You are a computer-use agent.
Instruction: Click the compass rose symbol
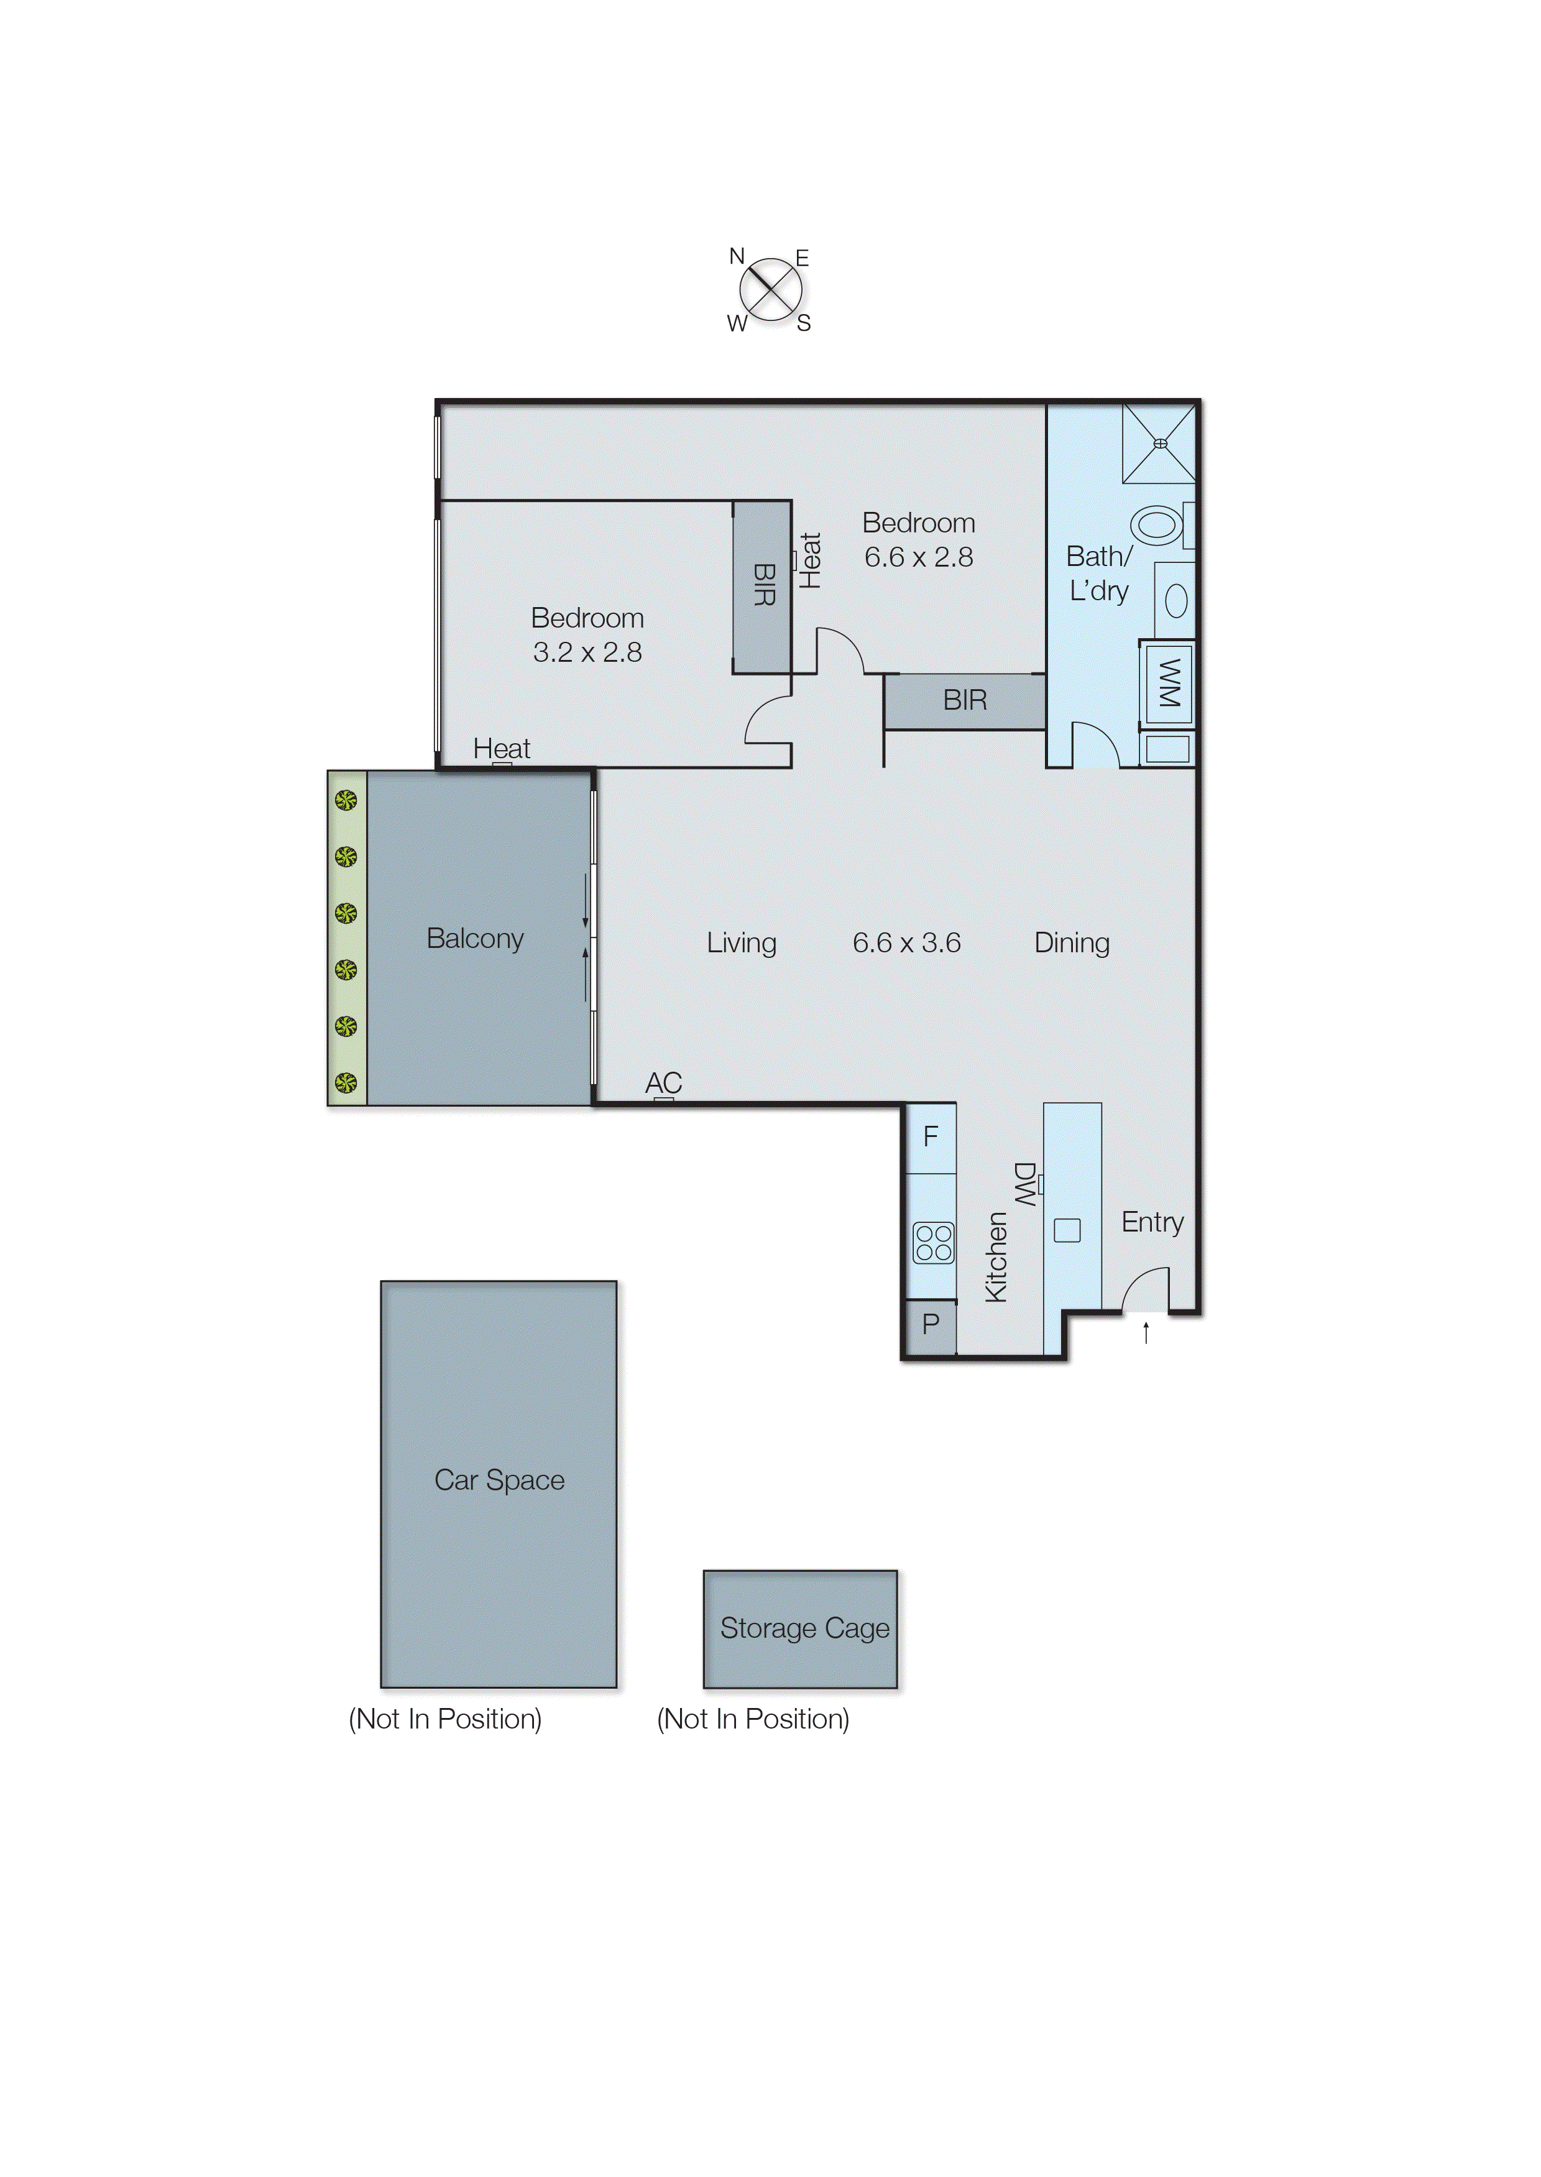point(771,290)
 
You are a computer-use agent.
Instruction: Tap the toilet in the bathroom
point(1157,525)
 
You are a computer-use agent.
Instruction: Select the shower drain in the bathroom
point(1159,443)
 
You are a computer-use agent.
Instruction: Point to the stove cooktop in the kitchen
point(933,1243)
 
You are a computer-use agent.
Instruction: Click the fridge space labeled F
point(931,1136)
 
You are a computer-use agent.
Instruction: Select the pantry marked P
point(930,1324)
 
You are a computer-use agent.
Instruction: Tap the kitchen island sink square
point(1067,1230)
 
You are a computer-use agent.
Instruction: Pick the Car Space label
point(499,1480)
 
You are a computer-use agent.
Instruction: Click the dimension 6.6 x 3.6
point(906,943)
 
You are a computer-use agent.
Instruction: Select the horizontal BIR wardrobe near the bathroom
point(964,700)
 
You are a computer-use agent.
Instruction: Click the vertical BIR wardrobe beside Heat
point(763,586)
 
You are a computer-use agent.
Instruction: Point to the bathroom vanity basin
point(1175,601)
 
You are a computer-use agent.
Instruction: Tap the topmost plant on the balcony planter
point(346,801)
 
